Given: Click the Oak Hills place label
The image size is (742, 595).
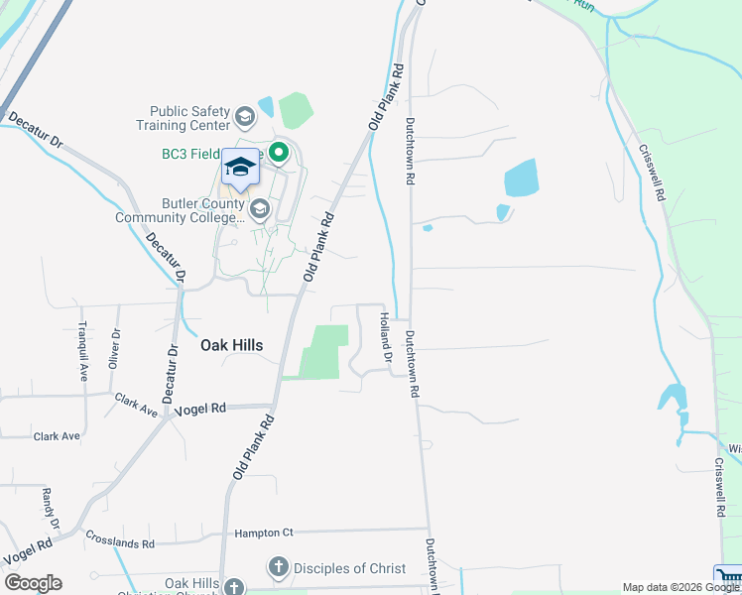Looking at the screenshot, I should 231,345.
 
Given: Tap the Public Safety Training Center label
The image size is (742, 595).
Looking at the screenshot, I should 189,118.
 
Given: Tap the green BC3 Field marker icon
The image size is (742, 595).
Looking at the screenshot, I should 279,153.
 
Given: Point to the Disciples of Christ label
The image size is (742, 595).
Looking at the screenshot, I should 350,568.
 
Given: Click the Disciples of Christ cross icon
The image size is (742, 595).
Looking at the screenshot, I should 279,568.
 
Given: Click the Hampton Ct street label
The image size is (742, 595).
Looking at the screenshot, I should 264,533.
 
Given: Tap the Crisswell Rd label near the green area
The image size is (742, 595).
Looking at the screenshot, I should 652,173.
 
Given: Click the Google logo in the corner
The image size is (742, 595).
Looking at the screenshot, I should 32,583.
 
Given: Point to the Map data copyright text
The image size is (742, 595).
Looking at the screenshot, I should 680,587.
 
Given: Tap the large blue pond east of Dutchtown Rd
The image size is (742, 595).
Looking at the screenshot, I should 520,178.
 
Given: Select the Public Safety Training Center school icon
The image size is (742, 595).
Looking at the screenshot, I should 244,118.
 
